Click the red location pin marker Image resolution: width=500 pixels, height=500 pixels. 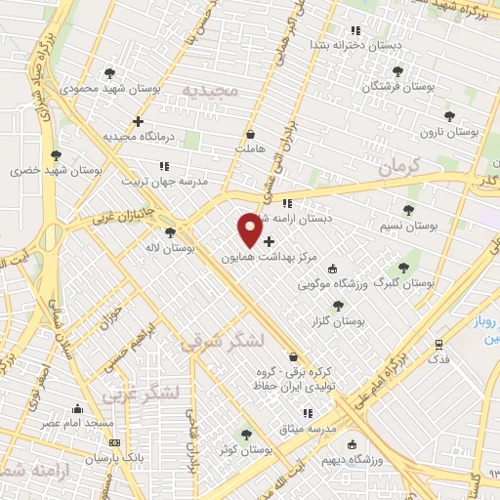coord(250,229)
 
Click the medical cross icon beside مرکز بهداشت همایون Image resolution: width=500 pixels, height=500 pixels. coord(269,240)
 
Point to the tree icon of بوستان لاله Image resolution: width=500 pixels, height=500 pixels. coord(171,232)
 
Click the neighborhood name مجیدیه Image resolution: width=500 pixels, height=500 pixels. coord(209,91)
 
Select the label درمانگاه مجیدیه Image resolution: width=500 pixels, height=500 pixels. coord(123,136)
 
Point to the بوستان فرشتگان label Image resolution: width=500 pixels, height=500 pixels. coord(397,87)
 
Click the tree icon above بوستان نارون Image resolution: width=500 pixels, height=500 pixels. coord(449,115)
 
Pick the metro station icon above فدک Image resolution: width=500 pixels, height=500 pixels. coord(439,344)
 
